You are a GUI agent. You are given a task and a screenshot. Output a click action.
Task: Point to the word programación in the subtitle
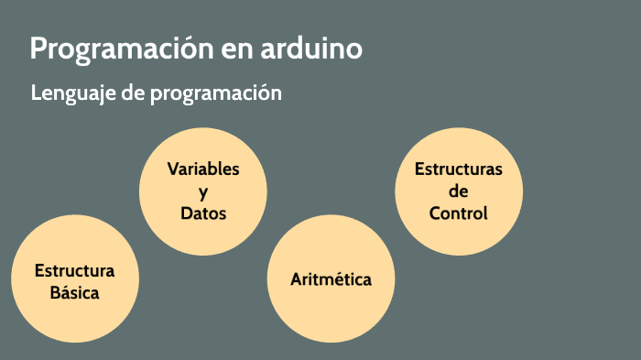coord(215,93)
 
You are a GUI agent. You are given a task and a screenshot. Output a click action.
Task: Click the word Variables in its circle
coord(203,169)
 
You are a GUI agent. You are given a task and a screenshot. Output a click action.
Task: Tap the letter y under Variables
coord(203,192)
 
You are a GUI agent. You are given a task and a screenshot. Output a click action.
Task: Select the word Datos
coord(203,213)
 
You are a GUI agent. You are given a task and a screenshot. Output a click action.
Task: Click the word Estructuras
coord(459,169)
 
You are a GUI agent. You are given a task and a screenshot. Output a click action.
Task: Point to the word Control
coord(459,213)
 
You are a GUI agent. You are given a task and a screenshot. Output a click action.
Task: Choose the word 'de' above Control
coord(459,191)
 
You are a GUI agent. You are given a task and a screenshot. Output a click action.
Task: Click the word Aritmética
coord(331,279)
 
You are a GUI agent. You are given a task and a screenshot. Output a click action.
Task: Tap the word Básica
coord(74,293)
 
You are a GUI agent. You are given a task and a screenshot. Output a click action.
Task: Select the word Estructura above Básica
coord(74,271)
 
